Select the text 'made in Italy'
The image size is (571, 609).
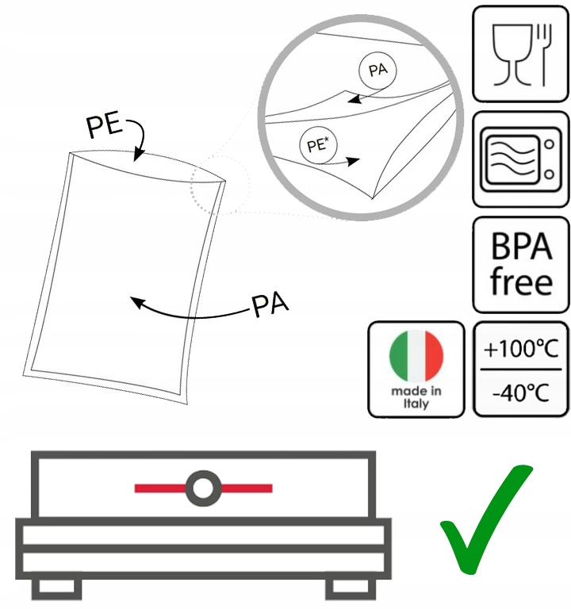(x=416, y=397)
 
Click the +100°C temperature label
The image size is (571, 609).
(x=521, y=348)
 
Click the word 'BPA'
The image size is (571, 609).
(x=521, y=247)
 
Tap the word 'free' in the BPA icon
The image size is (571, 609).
(x=521, y=282)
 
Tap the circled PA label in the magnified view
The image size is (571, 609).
(x=377, y=71)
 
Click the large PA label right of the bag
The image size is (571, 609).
(x=269, y=305)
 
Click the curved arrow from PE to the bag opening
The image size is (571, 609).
(x=141, y=143)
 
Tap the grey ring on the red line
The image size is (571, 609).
(x=203, y=487)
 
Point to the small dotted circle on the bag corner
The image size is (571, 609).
(x=220, y=186)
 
